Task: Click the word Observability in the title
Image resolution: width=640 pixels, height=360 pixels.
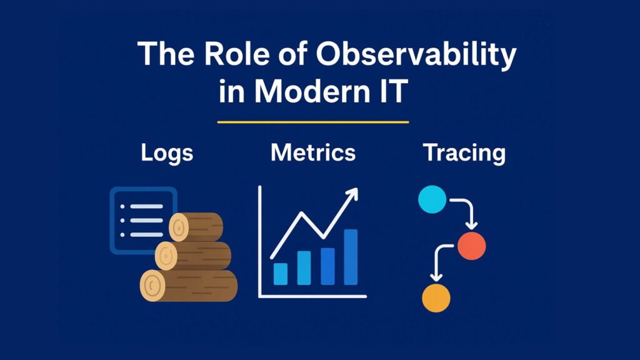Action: point(416,55)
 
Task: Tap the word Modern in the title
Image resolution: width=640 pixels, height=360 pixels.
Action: point(311,91)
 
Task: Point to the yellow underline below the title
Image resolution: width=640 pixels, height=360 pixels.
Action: point(313,122)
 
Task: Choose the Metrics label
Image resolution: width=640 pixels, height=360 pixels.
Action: point(313,152)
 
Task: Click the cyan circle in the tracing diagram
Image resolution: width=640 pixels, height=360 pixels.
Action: point(432,199)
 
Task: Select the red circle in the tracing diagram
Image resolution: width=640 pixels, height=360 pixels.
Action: point(471,246)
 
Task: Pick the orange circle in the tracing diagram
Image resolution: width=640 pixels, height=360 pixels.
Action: point(436,298)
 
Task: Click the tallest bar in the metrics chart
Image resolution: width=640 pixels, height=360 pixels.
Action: point(351,257)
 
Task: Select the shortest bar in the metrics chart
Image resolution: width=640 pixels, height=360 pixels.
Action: point(281,274)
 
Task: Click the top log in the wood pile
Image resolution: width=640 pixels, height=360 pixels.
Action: point(196,227)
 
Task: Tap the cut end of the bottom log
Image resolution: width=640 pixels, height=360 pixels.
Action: point(152,285)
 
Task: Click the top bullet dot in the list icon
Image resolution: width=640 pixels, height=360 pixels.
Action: point(122,206)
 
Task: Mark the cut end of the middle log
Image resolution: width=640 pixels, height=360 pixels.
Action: point(166,256)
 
